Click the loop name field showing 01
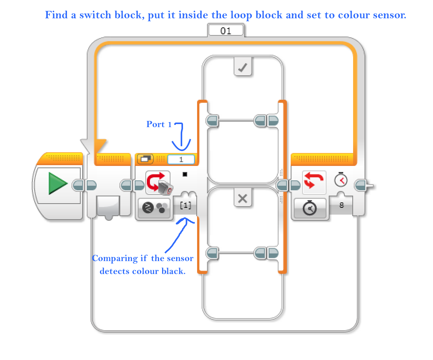coord(226,31)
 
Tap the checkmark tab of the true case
coord(242,68)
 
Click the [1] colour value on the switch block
coord(185,205)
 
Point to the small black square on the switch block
coord(185,174)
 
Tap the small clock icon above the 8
coord(341,180)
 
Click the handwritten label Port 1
coord(159,124)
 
